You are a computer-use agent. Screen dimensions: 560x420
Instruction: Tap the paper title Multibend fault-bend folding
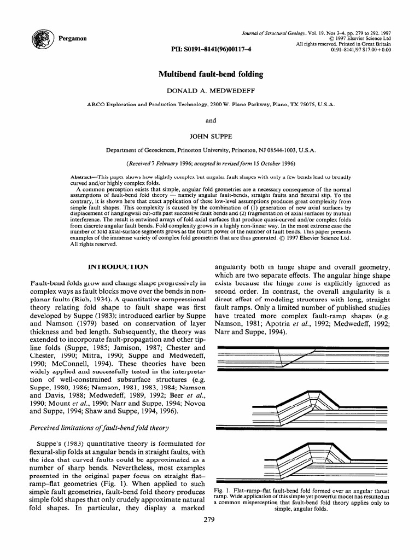211,74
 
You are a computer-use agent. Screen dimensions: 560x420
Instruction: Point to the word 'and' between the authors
211,120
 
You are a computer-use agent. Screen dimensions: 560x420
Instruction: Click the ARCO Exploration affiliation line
211,103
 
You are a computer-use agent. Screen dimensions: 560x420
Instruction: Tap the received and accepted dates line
211,163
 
